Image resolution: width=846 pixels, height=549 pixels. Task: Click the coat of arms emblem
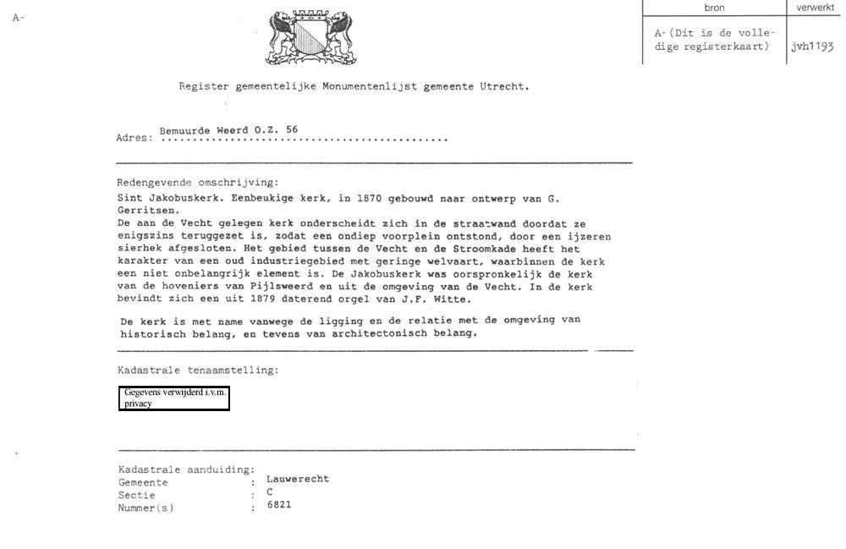click(311, 37)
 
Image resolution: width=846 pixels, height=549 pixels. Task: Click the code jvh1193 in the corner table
click(812, 47)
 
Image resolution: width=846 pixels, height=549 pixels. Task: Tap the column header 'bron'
click(714, 8)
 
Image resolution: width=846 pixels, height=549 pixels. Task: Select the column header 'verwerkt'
click(816, 8)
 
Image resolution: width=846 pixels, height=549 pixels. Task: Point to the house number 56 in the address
click(292, 130)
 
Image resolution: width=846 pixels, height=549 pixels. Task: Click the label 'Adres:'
click(135, 138)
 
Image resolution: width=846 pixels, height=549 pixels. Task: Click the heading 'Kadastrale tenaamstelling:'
click(198, 371)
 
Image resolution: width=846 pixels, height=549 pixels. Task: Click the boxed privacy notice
click(174, 398)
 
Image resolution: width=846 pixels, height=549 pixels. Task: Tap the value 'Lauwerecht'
click(298, 479)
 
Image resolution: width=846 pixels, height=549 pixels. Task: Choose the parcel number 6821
click(279, 505)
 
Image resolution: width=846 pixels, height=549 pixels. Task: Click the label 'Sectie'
click(136, 495)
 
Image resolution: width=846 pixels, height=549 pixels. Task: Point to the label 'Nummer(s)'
click(146, 508)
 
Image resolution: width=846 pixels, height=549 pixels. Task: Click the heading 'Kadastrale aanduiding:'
click(186, 469)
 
